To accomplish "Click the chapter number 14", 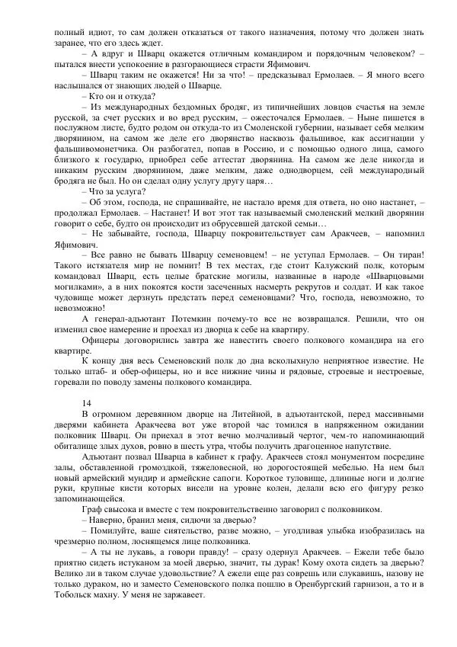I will tap(86, 402).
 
